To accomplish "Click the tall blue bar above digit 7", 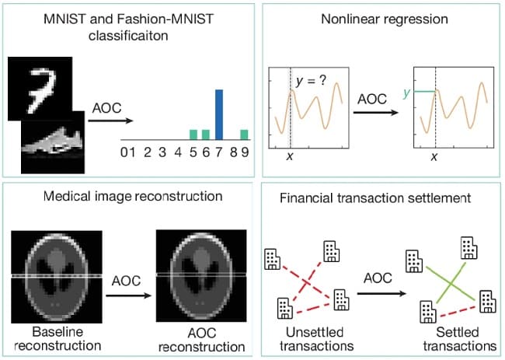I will click(219, 114).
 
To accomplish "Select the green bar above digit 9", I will click(244, 134).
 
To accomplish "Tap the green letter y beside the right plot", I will click(405, 93).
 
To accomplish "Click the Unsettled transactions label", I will click(310, 338).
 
